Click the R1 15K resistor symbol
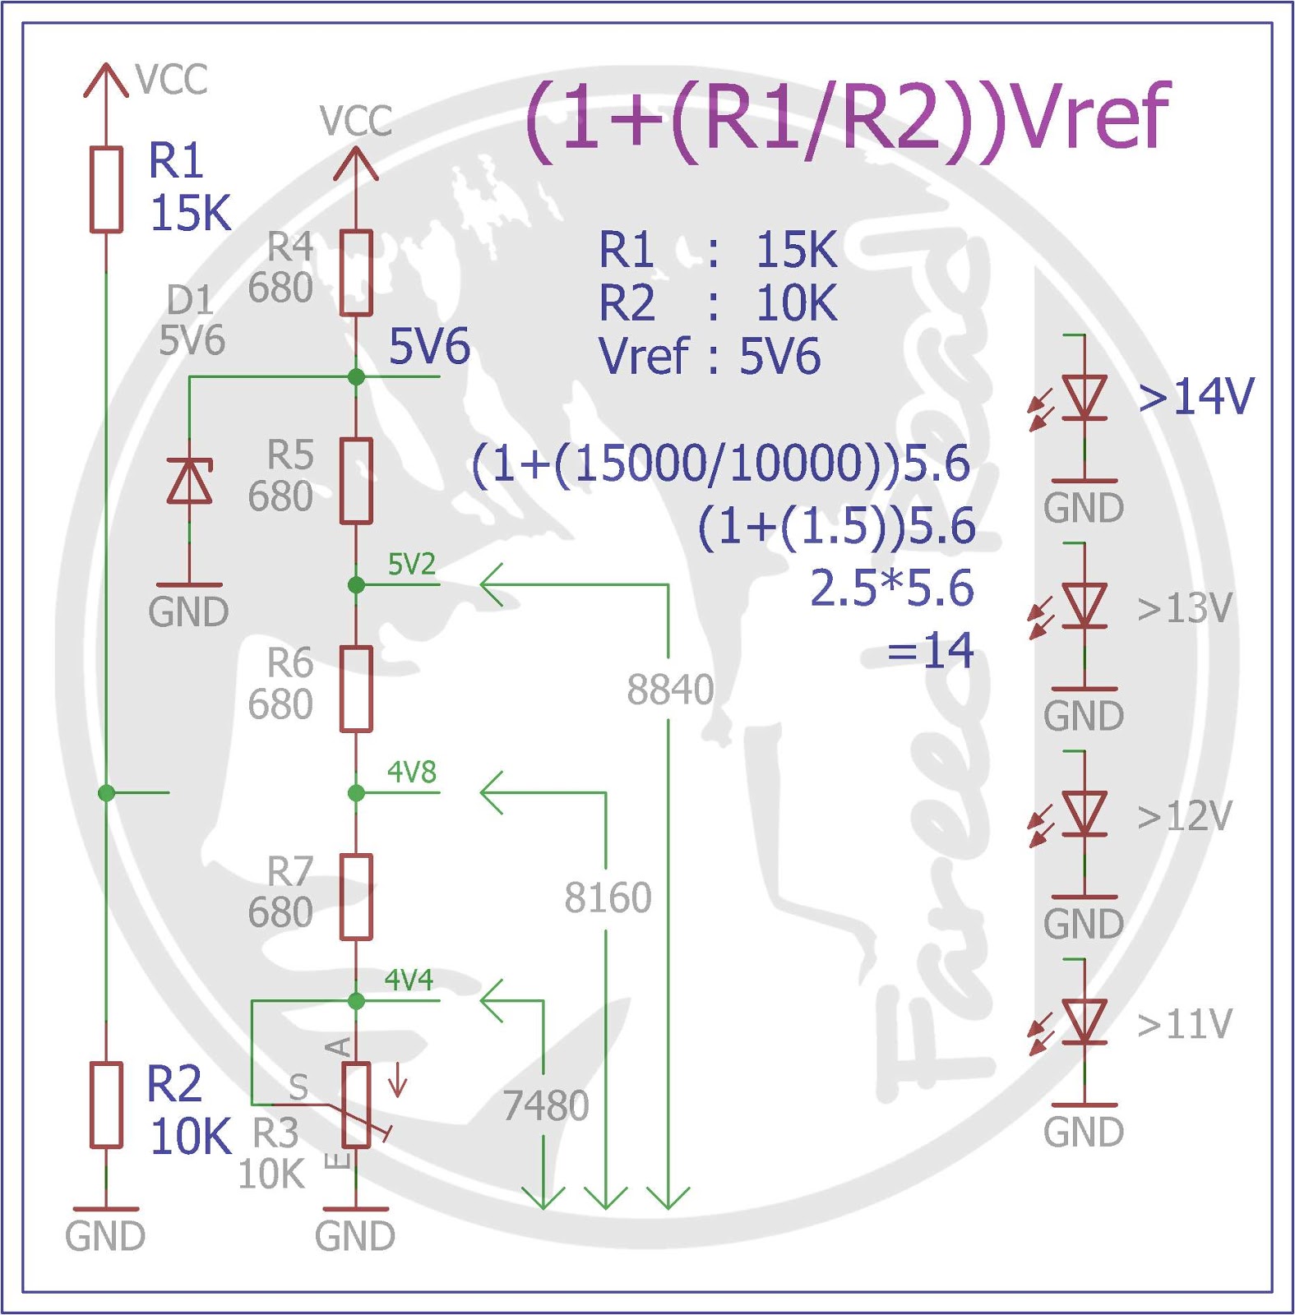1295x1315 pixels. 106,189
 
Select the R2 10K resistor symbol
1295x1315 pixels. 106,1105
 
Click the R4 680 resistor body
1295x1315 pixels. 356,273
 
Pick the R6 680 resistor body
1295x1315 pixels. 356,689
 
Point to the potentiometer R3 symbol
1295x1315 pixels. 356,1105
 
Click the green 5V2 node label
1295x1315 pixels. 411,565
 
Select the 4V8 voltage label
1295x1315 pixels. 411,773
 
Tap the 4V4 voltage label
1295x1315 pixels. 409,980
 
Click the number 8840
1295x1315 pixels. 670,690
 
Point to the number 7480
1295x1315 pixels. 545,1105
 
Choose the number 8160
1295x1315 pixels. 608,897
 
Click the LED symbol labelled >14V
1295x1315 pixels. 1084,399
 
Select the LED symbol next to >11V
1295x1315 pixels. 1084,1022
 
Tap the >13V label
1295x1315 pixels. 1185,609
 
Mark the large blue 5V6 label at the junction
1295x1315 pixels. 429,346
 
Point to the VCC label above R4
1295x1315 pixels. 356,121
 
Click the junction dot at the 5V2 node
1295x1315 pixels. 356,584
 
